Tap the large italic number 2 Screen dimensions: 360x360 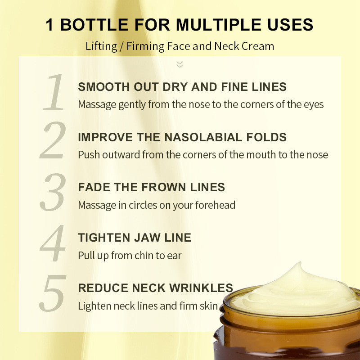click(53, 140)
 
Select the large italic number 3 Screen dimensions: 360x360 click(53, 192)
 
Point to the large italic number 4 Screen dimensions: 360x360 click(53, 243)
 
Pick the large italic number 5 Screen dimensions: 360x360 click(53, 293)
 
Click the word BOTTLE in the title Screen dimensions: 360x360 click(94, 25)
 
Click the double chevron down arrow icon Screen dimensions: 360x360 click(180, 64)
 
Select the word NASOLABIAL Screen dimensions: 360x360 click(203, 137)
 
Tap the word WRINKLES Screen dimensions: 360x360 click(201, 288)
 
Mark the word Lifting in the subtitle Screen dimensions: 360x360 click(101, 46)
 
